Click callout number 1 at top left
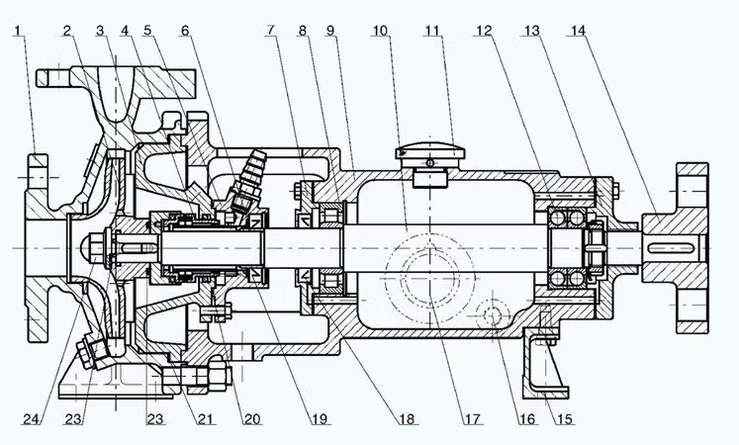(x=18, y=31)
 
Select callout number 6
(x=185, y=31)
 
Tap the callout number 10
(x=380, y=31)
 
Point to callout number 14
(x=578, y=31)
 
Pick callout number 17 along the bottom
(x=473, y=418)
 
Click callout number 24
(x=32, y=418)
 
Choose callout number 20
(x=252, y=418)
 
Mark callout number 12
(x=484, y=31)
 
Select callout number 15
(x=565, y=418)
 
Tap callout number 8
(x=302, y=31)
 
